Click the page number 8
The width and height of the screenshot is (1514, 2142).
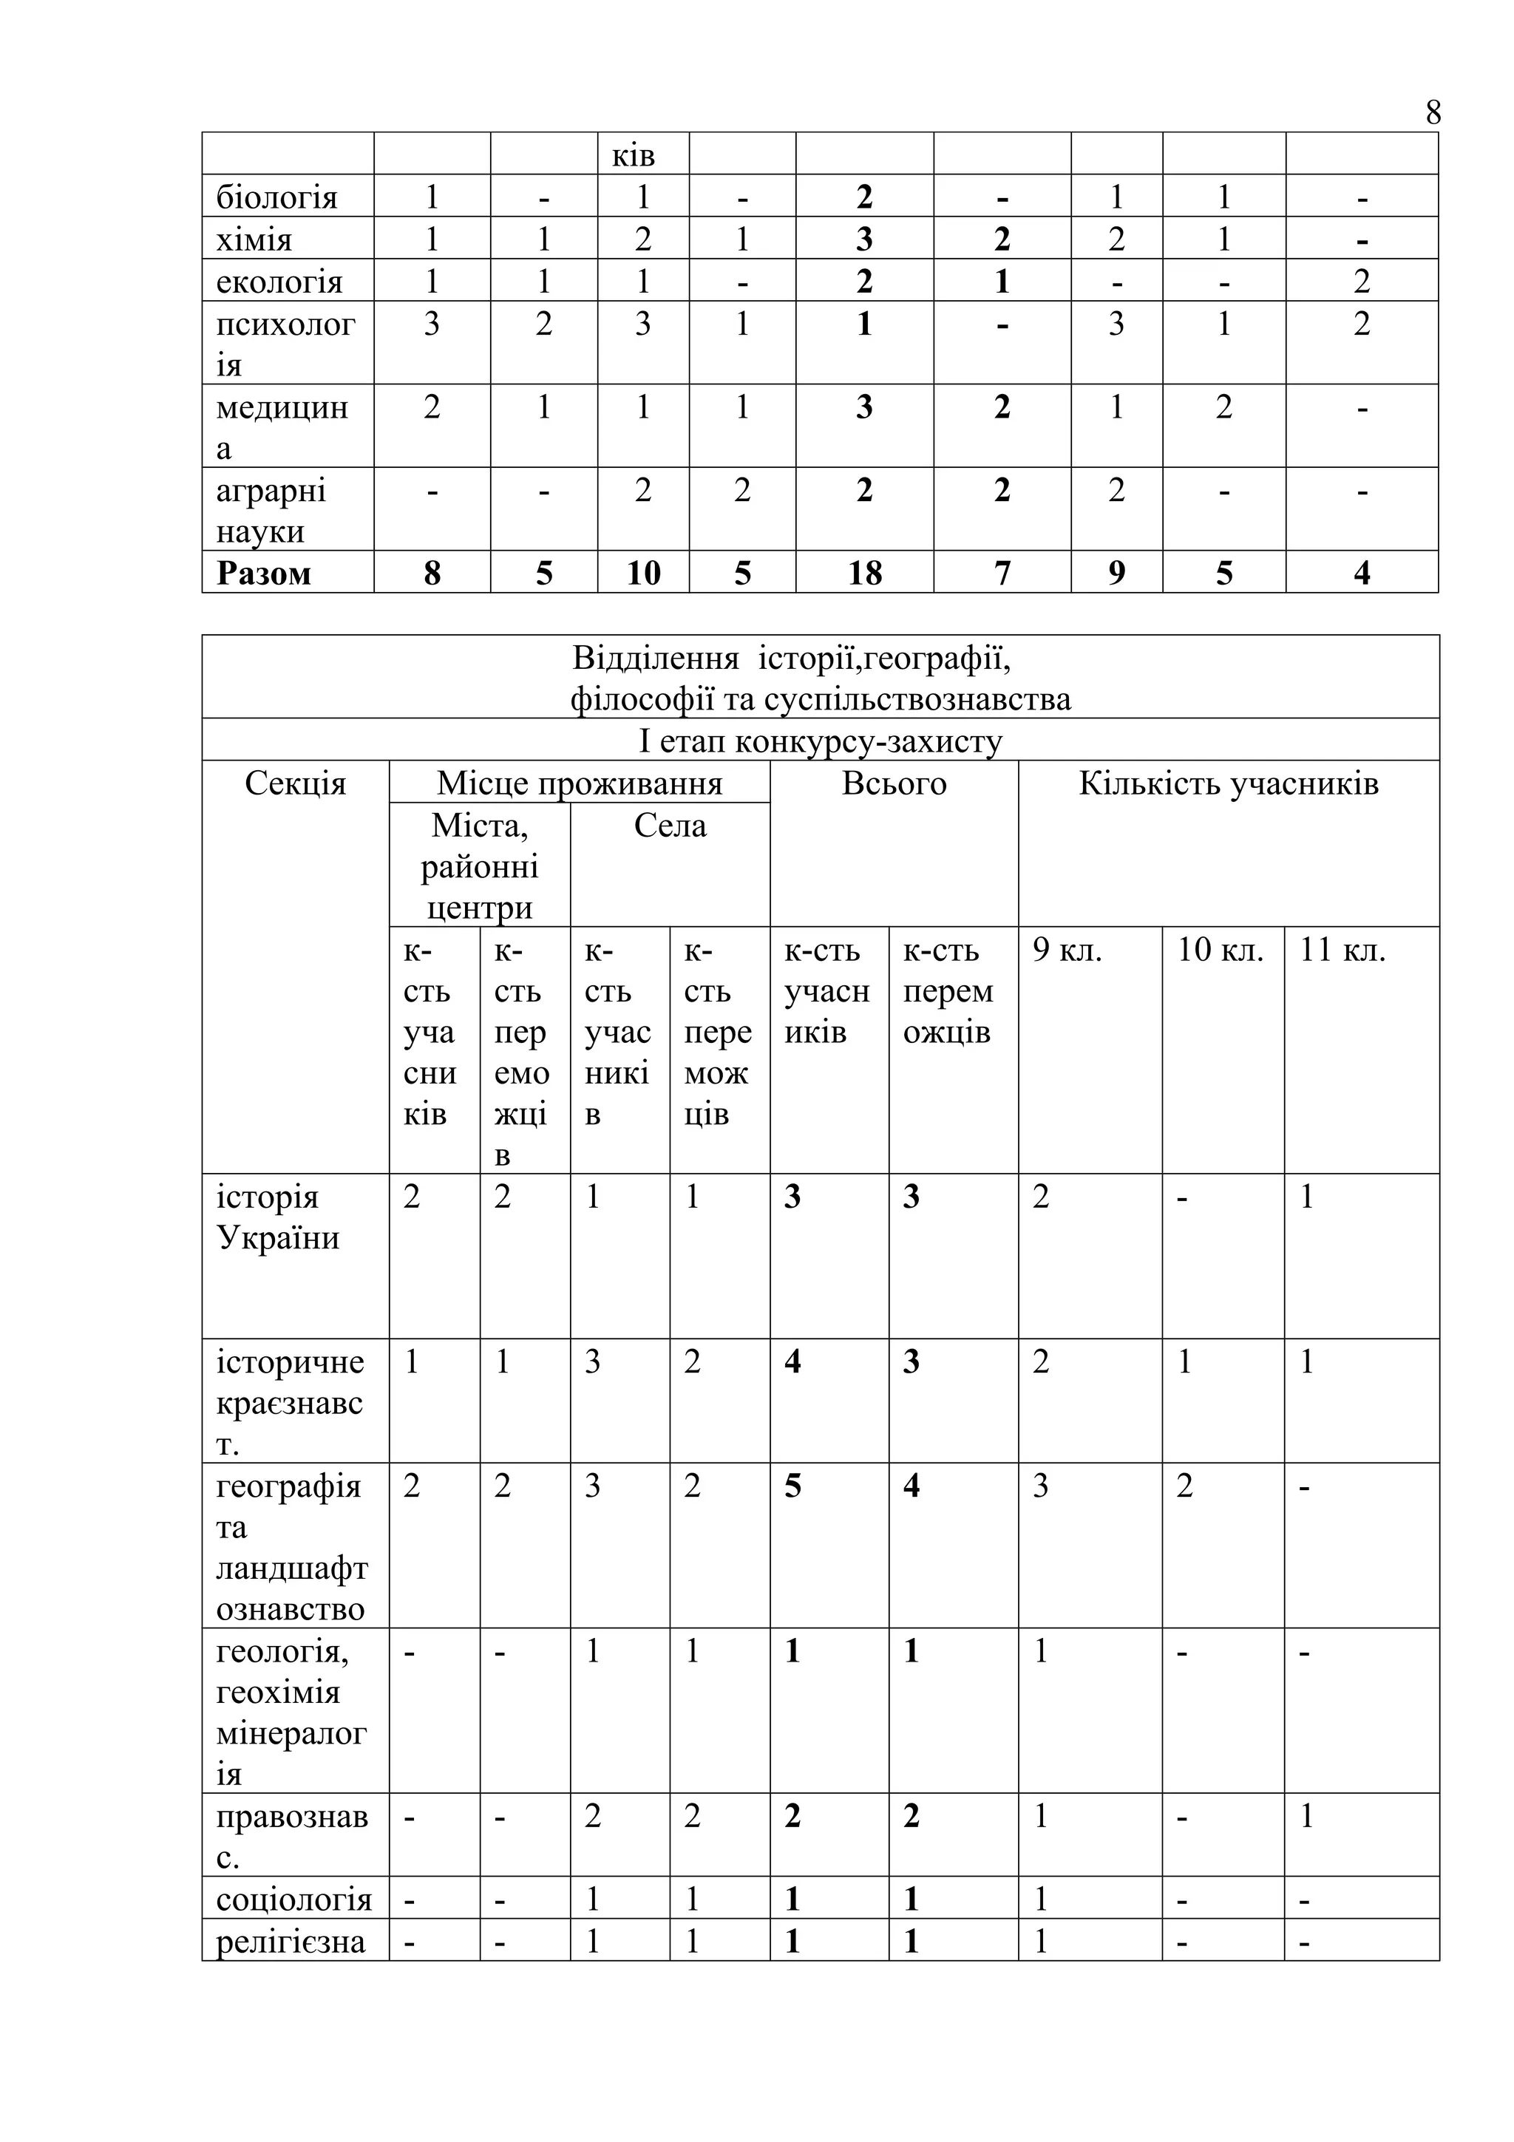pos(1433,113)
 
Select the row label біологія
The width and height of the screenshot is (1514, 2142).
pos(276,198)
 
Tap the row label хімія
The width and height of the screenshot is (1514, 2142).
pos(254,239)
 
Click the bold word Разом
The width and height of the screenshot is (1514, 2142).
pos(263,573)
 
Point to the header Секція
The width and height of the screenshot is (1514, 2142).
pos(295,783)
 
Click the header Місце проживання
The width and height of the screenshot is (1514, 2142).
pos(580,783)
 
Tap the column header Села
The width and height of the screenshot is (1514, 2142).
pos(670,826)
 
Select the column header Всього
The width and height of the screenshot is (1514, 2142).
pos(894,783)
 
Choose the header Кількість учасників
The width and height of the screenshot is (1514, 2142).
pos(1228,783)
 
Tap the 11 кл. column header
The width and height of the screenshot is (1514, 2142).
pos(1342,950)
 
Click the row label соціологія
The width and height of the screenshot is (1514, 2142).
pos(293,1900)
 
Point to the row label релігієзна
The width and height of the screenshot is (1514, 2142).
pos(290,1942)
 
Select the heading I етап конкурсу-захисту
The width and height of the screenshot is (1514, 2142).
pos(820,741)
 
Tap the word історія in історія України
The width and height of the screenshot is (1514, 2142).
pos(267,1197)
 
